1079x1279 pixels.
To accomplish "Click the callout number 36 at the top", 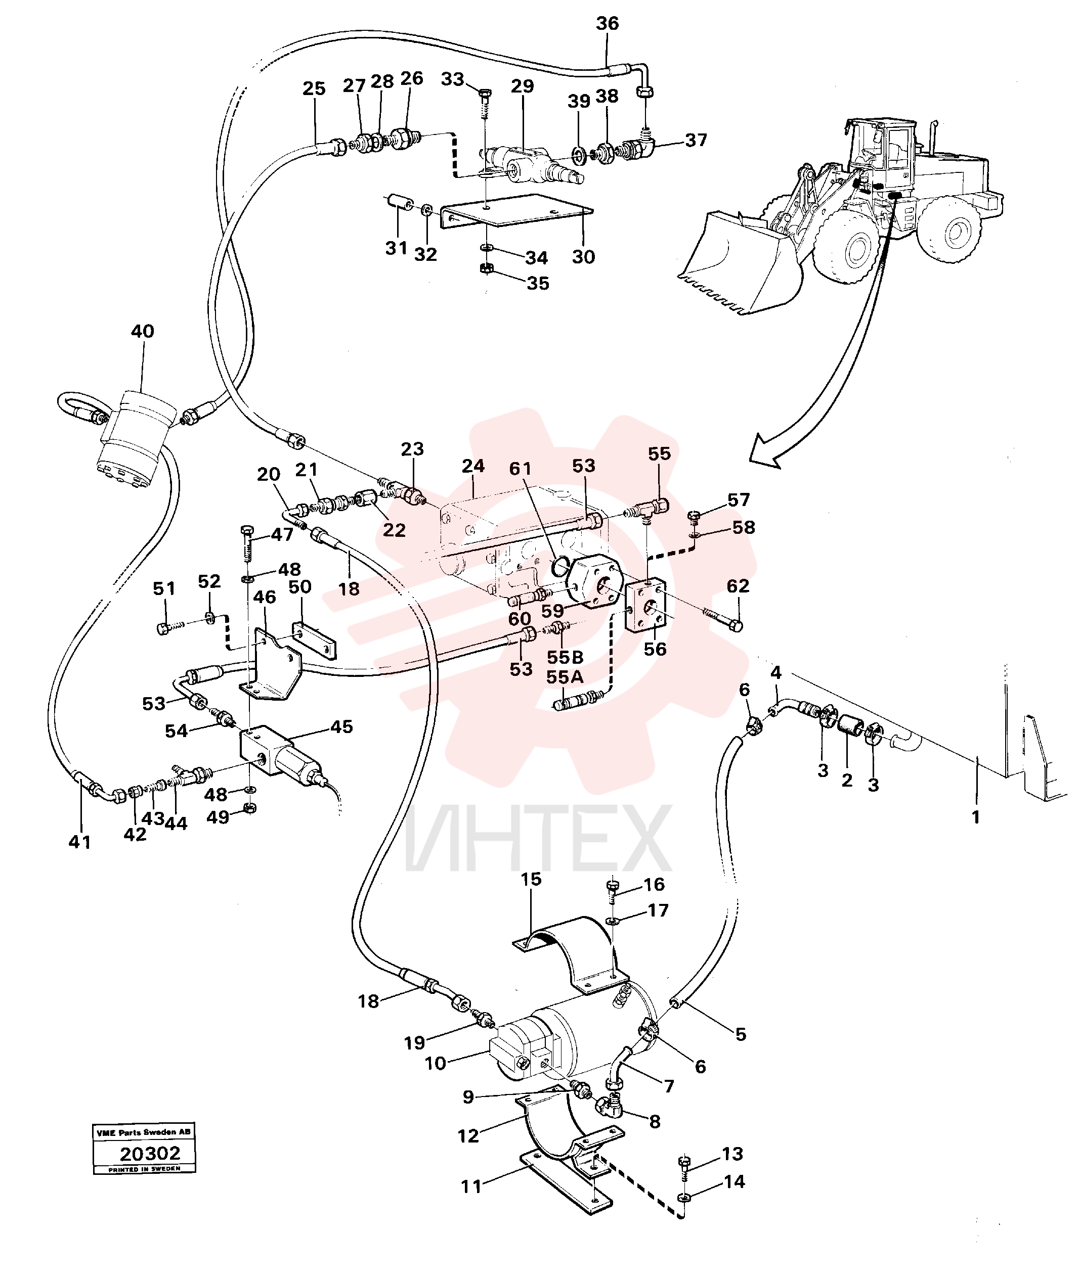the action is coord(608,24).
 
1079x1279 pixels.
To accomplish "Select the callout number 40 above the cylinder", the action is coord(143,331).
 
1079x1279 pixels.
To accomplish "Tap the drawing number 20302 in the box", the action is coord(150,1154).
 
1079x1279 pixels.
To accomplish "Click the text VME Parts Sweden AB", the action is coord(144,1132).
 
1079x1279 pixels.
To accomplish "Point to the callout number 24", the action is coord(473,466).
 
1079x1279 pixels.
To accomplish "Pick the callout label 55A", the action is coord(565,677).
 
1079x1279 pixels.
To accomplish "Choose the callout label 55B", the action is coord(565,657).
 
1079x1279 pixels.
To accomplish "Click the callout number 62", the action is coord(738,586).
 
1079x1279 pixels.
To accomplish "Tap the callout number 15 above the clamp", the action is coord(531,879).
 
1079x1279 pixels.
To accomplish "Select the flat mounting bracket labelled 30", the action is coord(517,211).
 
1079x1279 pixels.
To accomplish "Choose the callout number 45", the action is coord(341,727).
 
